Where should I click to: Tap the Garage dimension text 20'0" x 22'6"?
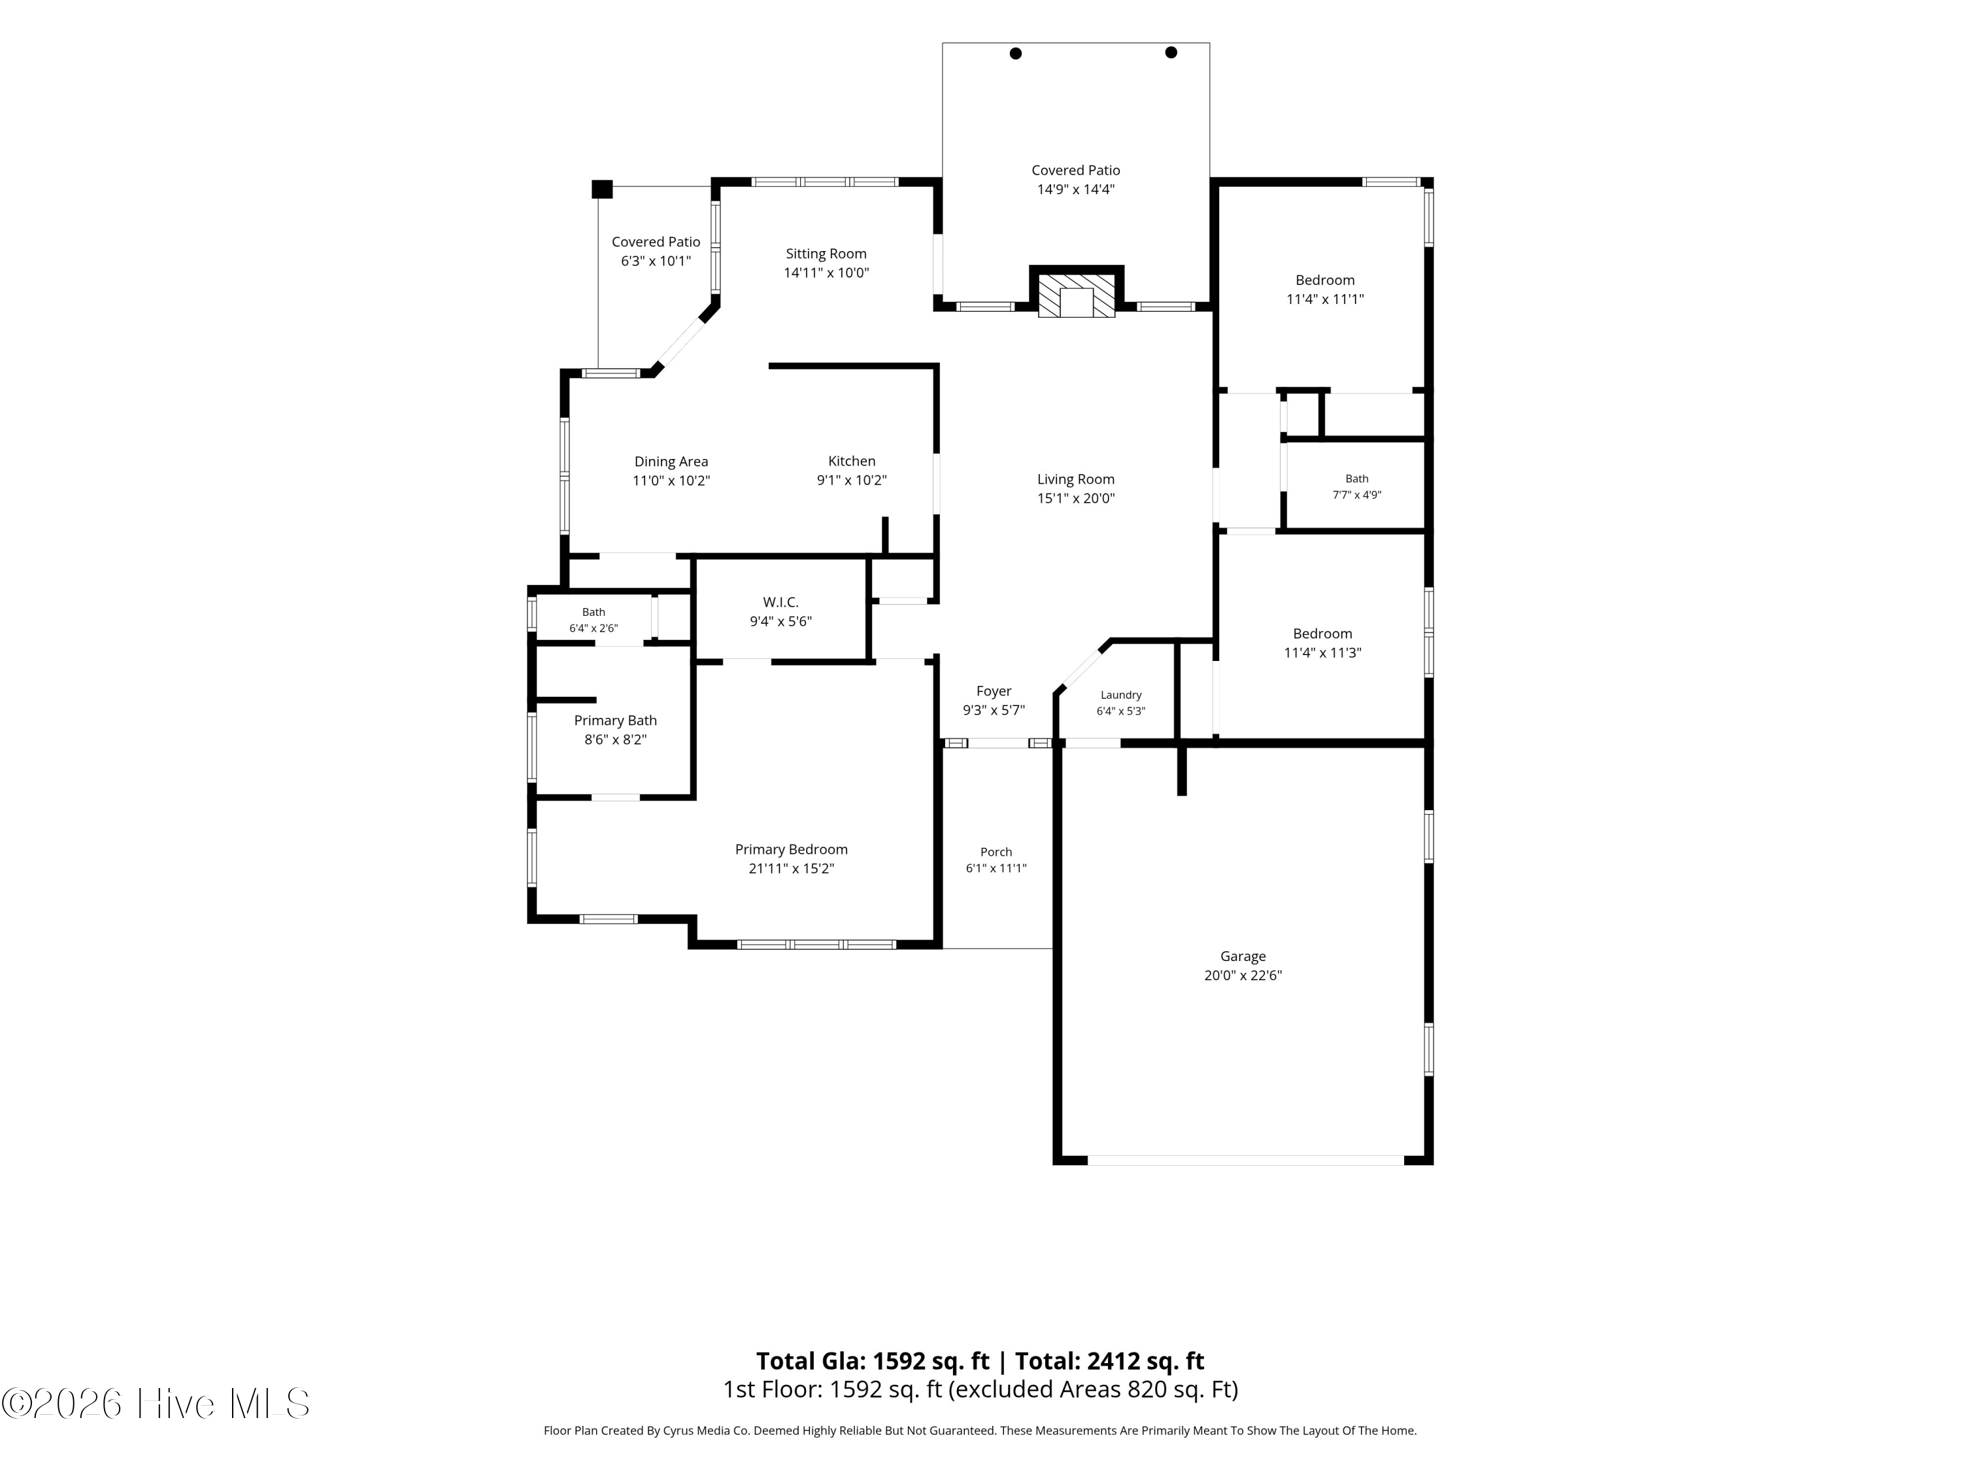[x=1242, y=975]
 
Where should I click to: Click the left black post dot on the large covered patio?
[x=1016, y=53]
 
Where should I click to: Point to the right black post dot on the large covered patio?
[x=1171, y=52]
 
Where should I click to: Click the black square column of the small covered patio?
[x=602, y=189]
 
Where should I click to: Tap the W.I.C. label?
[x=780, y=602]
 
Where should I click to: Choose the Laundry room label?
[x=1120, y=695]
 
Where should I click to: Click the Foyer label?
[x=994, y=691]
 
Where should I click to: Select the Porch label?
[x=996, y=852]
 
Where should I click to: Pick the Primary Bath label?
[x=615, y=721]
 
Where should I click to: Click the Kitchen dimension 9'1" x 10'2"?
[x=851, y=481]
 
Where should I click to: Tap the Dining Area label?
[x=671, y=461]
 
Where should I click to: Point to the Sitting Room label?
[x=826, y=254]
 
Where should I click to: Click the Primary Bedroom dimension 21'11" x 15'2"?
[x=792, y=869]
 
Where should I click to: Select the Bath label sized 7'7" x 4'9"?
[x=1356, y=479]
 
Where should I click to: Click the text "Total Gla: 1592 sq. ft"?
[x=873, y=1361]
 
